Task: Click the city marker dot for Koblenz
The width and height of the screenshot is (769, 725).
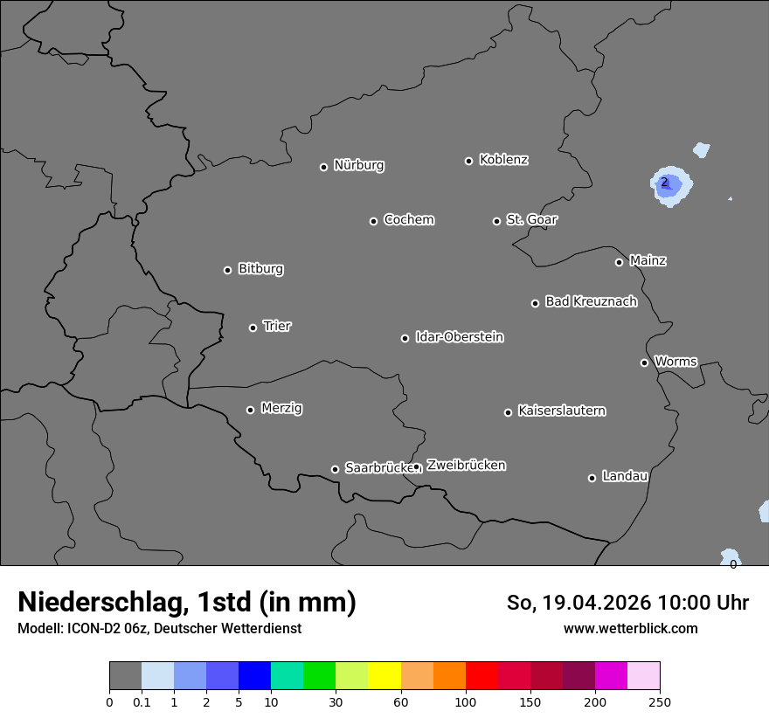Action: (x=468, y=161)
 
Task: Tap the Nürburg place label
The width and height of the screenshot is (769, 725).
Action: (x=359, y=165)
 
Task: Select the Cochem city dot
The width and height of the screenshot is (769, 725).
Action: (x=373, y=221)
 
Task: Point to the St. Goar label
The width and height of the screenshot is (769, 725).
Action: (x=531, y=219)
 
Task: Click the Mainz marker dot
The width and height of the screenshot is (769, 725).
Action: (x=619, y=262)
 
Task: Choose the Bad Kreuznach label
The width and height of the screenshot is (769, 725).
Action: (x=591, y=301)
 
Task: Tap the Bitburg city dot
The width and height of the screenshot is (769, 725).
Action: (x=227, y=270)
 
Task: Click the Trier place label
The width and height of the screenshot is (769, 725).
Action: (x=277, y=326)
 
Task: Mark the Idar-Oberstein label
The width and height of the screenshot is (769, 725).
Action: (x=459, y=336)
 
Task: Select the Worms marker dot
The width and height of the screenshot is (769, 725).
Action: (x=644, y=362)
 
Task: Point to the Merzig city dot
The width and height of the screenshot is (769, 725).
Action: (x=250, y=410)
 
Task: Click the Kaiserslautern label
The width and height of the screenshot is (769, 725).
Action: (x=561, y=411)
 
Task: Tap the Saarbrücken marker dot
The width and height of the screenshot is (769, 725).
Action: (x=335, y=469)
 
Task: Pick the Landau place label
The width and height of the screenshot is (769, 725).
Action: (x=625, y=476)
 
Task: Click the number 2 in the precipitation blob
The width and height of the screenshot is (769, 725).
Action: (x=665, y=183)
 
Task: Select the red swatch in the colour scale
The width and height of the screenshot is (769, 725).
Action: (x=481, y=676)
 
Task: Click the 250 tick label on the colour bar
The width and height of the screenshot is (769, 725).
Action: (x=660, y=701)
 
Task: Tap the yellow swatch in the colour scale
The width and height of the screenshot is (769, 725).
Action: (x=384, y=676)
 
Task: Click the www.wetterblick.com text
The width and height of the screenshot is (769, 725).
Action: (x=630, y=628)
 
